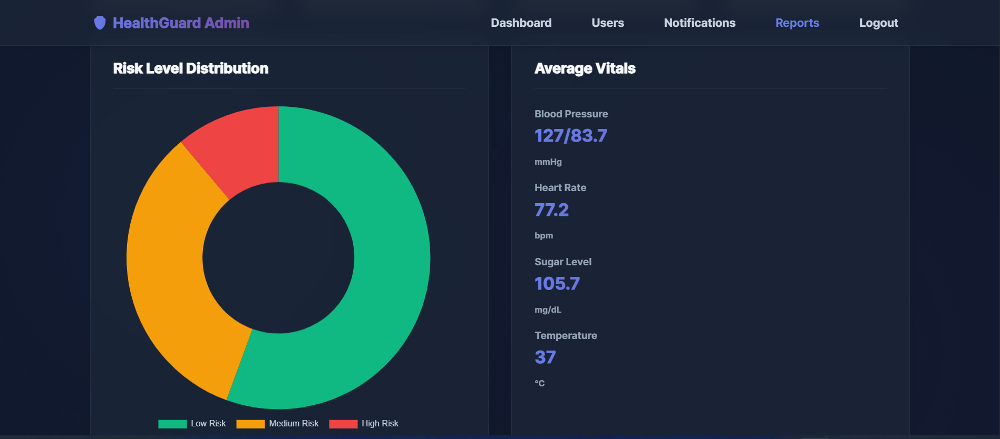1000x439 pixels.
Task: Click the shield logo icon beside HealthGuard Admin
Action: [x=100, y=23]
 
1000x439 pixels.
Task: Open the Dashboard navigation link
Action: [x=521, y=23]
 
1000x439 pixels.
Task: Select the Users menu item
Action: [x=607, y=23]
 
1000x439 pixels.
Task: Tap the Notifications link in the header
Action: [x=700, y=23]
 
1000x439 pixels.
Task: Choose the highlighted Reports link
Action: [x=797, y=23]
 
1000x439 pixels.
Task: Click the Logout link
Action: [x=878, y=23]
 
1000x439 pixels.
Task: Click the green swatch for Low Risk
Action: [x=172, y=424]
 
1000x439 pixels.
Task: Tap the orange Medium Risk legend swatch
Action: [x=250, y=424]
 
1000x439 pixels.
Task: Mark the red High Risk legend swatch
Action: [x=343, y=424]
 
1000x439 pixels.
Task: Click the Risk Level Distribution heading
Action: [x=190, y=68]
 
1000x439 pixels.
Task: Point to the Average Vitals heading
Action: [x=585, y=68]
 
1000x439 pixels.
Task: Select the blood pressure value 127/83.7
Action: [x=570, y=136]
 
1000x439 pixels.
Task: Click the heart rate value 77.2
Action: [x=551, y=210]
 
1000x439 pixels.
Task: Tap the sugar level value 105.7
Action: [x=557, y=284]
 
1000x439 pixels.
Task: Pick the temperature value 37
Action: [x=545, y=357]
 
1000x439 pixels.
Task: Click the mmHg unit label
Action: [x=548, y=162]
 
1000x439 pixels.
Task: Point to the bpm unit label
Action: [x=543, y=236]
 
